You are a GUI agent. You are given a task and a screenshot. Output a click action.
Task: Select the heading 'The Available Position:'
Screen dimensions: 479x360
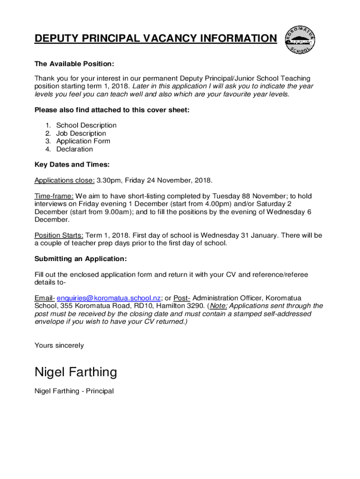[74, 63]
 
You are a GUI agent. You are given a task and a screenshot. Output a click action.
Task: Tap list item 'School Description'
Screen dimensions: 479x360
[86, 125]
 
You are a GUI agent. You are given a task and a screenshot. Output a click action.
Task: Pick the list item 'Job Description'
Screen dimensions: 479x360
[81, 133]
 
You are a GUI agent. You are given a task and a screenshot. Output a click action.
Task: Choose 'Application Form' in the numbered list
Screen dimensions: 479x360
[83, 141]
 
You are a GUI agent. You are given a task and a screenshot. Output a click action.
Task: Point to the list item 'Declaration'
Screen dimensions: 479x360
[75, 149]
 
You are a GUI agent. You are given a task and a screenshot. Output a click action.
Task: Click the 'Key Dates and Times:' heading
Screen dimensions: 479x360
[72, 165]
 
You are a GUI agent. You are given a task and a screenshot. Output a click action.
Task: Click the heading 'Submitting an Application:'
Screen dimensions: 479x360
[80, 259]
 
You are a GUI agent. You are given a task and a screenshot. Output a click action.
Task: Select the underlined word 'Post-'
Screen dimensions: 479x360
[182, 298]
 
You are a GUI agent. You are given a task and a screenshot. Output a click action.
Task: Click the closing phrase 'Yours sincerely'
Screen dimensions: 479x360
[59, 345]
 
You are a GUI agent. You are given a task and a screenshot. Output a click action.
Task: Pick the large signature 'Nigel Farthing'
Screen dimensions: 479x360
[76, 372]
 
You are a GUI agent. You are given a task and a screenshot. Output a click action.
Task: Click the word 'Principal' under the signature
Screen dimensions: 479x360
[98, 391]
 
